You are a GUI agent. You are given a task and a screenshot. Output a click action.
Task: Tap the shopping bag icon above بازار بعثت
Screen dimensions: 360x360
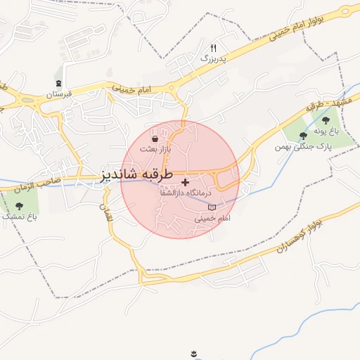pyautogui.click(x=154, y=140)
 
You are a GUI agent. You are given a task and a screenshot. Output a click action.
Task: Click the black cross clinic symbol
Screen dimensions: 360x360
pyautogui.click(x=185, y=183)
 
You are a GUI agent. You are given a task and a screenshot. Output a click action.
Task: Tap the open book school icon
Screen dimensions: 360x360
pyautogui.click(x=212, y=208)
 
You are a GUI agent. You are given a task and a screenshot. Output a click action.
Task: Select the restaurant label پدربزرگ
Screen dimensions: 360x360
pyautogui.click(x=214, y=59)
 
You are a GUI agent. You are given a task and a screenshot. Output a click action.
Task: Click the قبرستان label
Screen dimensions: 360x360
pyautogui.click(x=60, y=94)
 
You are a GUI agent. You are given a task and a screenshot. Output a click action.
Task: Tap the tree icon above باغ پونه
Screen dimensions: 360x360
pyautogui.click(x=326, y=120)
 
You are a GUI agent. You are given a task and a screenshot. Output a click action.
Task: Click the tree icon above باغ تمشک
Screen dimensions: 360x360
pyautogui.click(x=19, y=206)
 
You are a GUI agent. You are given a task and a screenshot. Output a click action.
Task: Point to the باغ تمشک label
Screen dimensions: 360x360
pyautogui.click(x=19, y=217)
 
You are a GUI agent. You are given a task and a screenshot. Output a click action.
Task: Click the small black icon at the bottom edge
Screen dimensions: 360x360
pyautogui.click(x=193, y=353)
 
